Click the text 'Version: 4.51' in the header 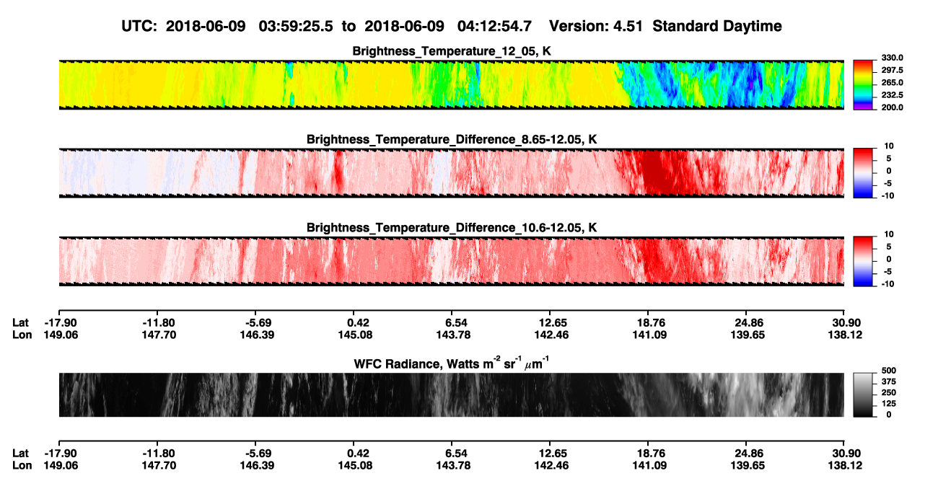tap(595, 26)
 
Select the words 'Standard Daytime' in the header tap(717, 26)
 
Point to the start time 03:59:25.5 tap(296, 26)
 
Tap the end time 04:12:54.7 tap(494, 26)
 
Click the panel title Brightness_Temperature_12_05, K tap(452, 51)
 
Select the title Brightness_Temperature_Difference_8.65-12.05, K tap(452, 139)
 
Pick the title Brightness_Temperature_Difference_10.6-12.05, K tap(452, 228)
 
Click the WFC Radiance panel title tap(452, 363)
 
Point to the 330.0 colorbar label tap(892, 58)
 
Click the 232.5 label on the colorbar tap(892, 95)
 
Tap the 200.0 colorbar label tap(892, 107)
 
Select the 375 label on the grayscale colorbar tap(888, 381)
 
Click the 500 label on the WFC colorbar tap(888, 371)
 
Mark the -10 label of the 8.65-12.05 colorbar tap(887, 196)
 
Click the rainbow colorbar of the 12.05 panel tap(863, 84)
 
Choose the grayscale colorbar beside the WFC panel tap(863, 394)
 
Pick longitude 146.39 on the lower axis tap(257, 466)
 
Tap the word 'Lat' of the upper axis tap(20, 323)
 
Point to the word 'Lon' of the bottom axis tap(22, 466)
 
